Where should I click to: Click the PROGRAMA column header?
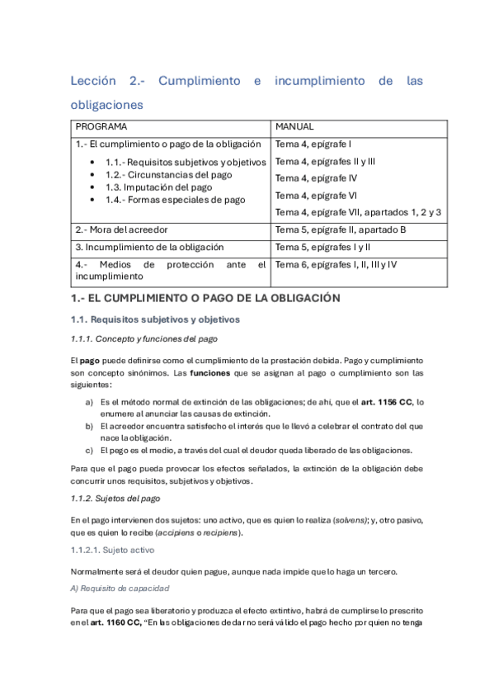click(101, 127)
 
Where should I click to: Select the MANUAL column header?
click(294, 127)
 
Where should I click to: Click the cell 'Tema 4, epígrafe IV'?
click(316, 177)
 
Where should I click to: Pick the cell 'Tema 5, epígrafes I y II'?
click(322, 246)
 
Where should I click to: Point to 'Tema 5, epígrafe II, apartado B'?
click(340, 229)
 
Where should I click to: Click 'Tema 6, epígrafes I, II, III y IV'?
click(336, 264)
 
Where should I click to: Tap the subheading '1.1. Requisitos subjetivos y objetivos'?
click(155, 319)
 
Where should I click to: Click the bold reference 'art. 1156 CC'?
click(383, 402)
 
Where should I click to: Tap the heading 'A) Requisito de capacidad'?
click(120, 589)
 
